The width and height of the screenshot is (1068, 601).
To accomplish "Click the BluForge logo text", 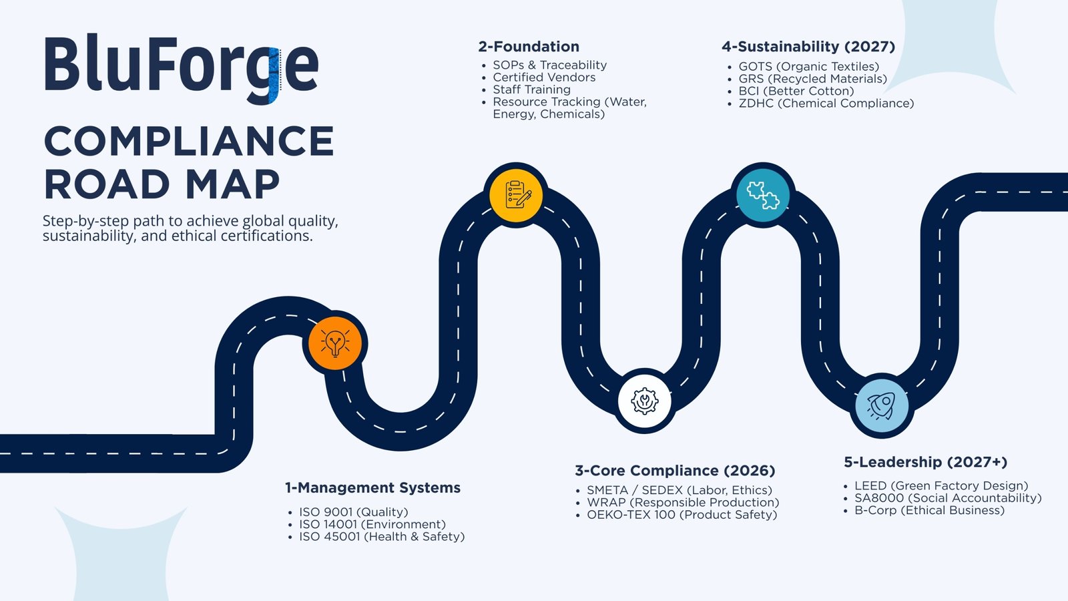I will pyautogui.click(x=181, y=67).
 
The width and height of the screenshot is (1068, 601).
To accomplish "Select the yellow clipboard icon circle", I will pyautogui.click(x=516, y=195).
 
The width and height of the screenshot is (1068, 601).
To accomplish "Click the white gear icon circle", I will pyautogui.click(x=644, y=401).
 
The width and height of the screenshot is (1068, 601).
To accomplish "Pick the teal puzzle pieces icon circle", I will pyautogui.click(x=763, y=194).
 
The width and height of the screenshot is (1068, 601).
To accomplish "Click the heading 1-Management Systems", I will pyautogui.click(x=372, y=488).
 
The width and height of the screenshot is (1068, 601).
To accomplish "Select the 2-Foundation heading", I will pyautogui.click(x=529, y=47).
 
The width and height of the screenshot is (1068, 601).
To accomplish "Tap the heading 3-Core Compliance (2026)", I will pyautogui.click(x=675, y=471).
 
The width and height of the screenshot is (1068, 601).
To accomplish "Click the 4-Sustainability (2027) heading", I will pyautogui.click(x=808, y=47).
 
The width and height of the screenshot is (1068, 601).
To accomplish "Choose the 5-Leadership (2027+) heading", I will pyautogui.click(x=925, y=462).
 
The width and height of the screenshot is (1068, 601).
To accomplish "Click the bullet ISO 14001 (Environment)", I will pyautogui.click(x=372, y=524).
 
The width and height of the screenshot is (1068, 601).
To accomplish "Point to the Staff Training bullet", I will pyautogui.click(x=531, y=89).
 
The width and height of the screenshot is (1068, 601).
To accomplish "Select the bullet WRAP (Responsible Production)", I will pyautogui.click(x=682, y=502).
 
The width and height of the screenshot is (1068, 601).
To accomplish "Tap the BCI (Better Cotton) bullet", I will pyautogui.click(x=796, y=91).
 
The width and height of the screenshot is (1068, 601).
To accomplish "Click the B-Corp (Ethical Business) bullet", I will pyautogui.click(x=928, y=510).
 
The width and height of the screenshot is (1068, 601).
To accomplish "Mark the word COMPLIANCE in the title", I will pyautogui.click(x=189, y=142).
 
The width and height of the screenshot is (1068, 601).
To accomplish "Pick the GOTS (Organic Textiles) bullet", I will pyautogui.click(x=808, y=66).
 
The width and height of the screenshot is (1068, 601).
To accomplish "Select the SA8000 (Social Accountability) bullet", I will pyautogui.click(x=947, y=498).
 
